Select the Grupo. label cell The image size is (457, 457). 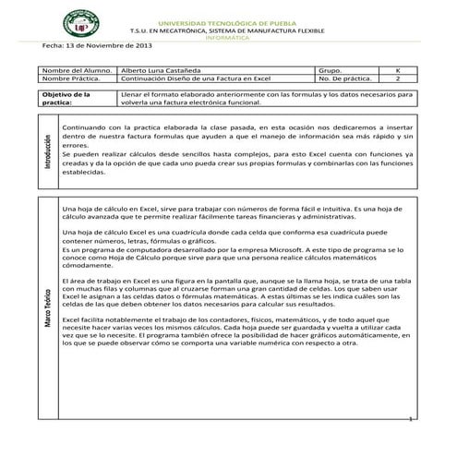point(329,69)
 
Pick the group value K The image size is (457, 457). point(398,69)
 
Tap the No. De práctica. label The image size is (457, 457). point(343,78)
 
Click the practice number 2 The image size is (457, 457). point(398,78)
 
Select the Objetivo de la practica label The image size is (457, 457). point(66,99)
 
